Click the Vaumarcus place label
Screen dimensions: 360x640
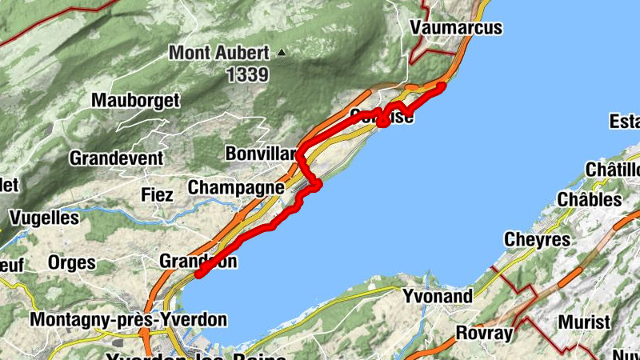pyautogui.click(x=455, y=27)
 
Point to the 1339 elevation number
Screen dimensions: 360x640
pyautogui.click(x=246, y=74)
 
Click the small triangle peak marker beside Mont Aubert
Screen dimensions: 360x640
pyautogui.click(x=281, y=53)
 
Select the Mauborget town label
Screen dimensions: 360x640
pyautogui.click(x=135, y=101)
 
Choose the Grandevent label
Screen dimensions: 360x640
pyautogui.click(x=116, y=158)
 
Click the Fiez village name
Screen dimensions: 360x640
pyautogui.click(x=157, y=194)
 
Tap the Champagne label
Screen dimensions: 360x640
pyautogui.click(x=236, y=187)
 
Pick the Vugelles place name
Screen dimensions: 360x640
pyautogui.click(x=44, y=218)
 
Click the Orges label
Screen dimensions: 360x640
pyautogui.click(x=71, y=262)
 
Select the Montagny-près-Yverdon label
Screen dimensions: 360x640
pyautogui.click(x=128, y=319)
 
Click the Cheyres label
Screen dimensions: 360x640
pyautogui.click(x=537, y=239)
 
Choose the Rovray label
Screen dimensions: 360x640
pyautogui.click(x=483, y=331)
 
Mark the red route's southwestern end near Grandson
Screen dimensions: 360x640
pyautogui.click(x=198, y=275)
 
